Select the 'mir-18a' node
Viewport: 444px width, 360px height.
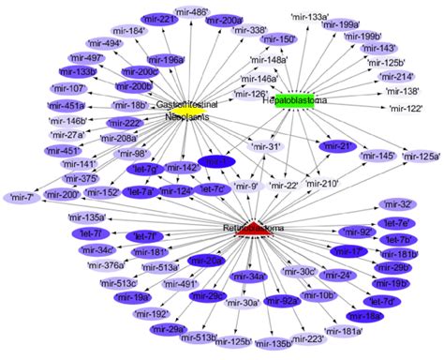click(369, 317)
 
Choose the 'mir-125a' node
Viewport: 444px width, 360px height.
click(422, 157)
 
